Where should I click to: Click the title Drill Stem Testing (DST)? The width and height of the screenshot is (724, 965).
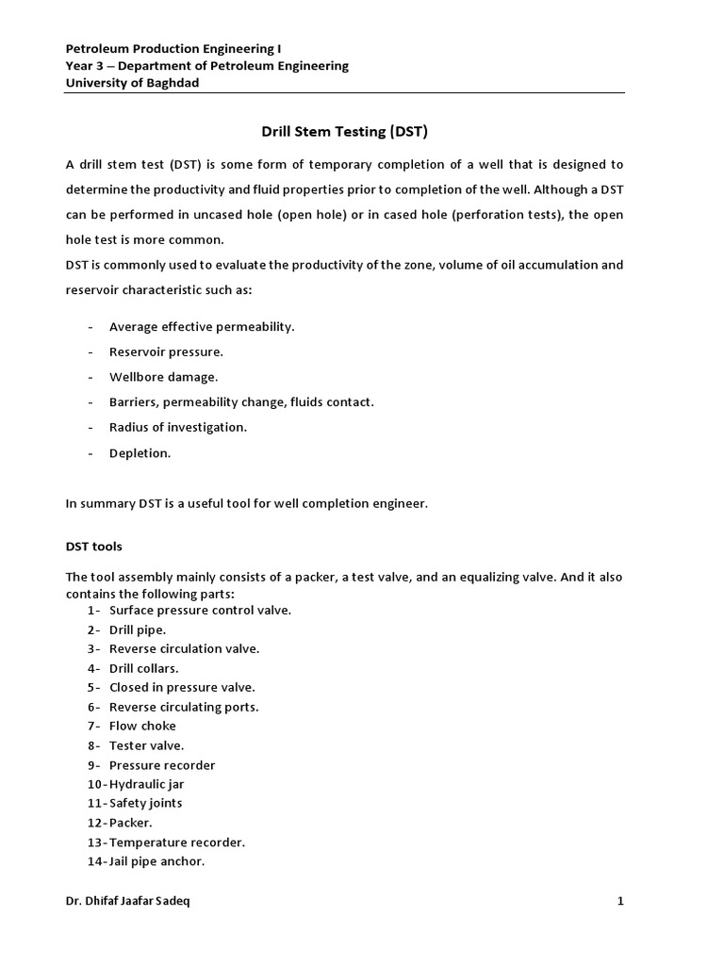point(344,131)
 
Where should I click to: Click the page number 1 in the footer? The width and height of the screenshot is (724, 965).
point(620,901)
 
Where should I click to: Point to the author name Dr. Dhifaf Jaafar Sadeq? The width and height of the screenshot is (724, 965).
point(133,901)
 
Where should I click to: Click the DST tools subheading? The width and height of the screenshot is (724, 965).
point(93,547)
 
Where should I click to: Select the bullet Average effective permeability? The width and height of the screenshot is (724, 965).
point(202,326)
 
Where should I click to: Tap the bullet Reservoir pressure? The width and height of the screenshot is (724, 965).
point(166,352)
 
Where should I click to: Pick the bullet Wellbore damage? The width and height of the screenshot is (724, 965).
point(163,377)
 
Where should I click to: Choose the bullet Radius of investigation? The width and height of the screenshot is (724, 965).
point(177,427)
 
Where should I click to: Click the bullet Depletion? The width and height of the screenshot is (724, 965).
point(140,452)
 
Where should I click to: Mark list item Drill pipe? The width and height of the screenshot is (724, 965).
point(138,629)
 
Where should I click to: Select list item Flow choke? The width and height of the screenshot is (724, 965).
point(142,726)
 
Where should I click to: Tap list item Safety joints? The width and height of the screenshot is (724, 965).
point(146,803)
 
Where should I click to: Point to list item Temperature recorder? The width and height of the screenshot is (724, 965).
point(177,842)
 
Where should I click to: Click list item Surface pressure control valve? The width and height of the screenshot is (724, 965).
point(200,610)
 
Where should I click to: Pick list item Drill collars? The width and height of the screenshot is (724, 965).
point(143,668)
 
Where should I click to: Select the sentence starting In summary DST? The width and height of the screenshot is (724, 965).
point(246,503)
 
